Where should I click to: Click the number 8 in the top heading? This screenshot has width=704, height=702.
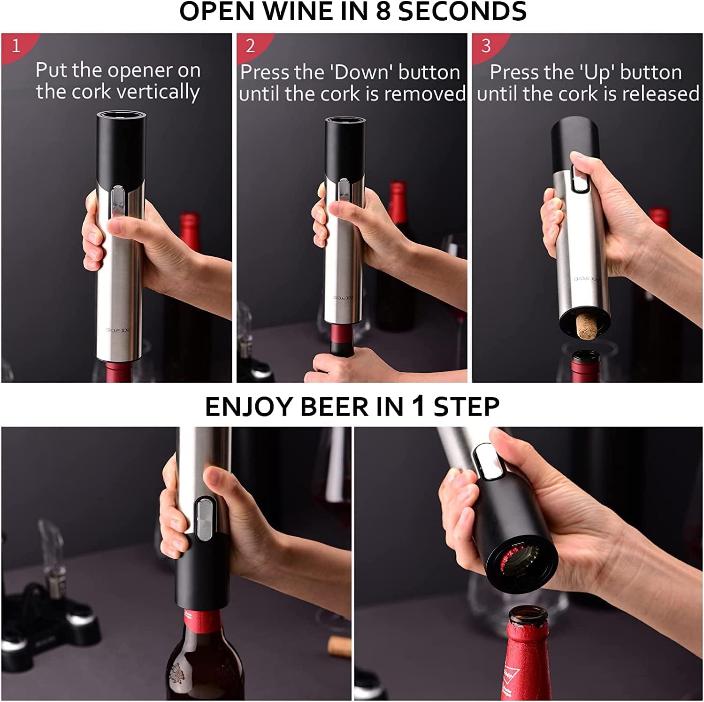click(383, 11)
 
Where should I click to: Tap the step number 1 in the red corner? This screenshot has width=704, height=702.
click(16, 46)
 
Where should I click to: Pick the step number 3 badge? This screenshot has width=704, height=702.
click(486, 46)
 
